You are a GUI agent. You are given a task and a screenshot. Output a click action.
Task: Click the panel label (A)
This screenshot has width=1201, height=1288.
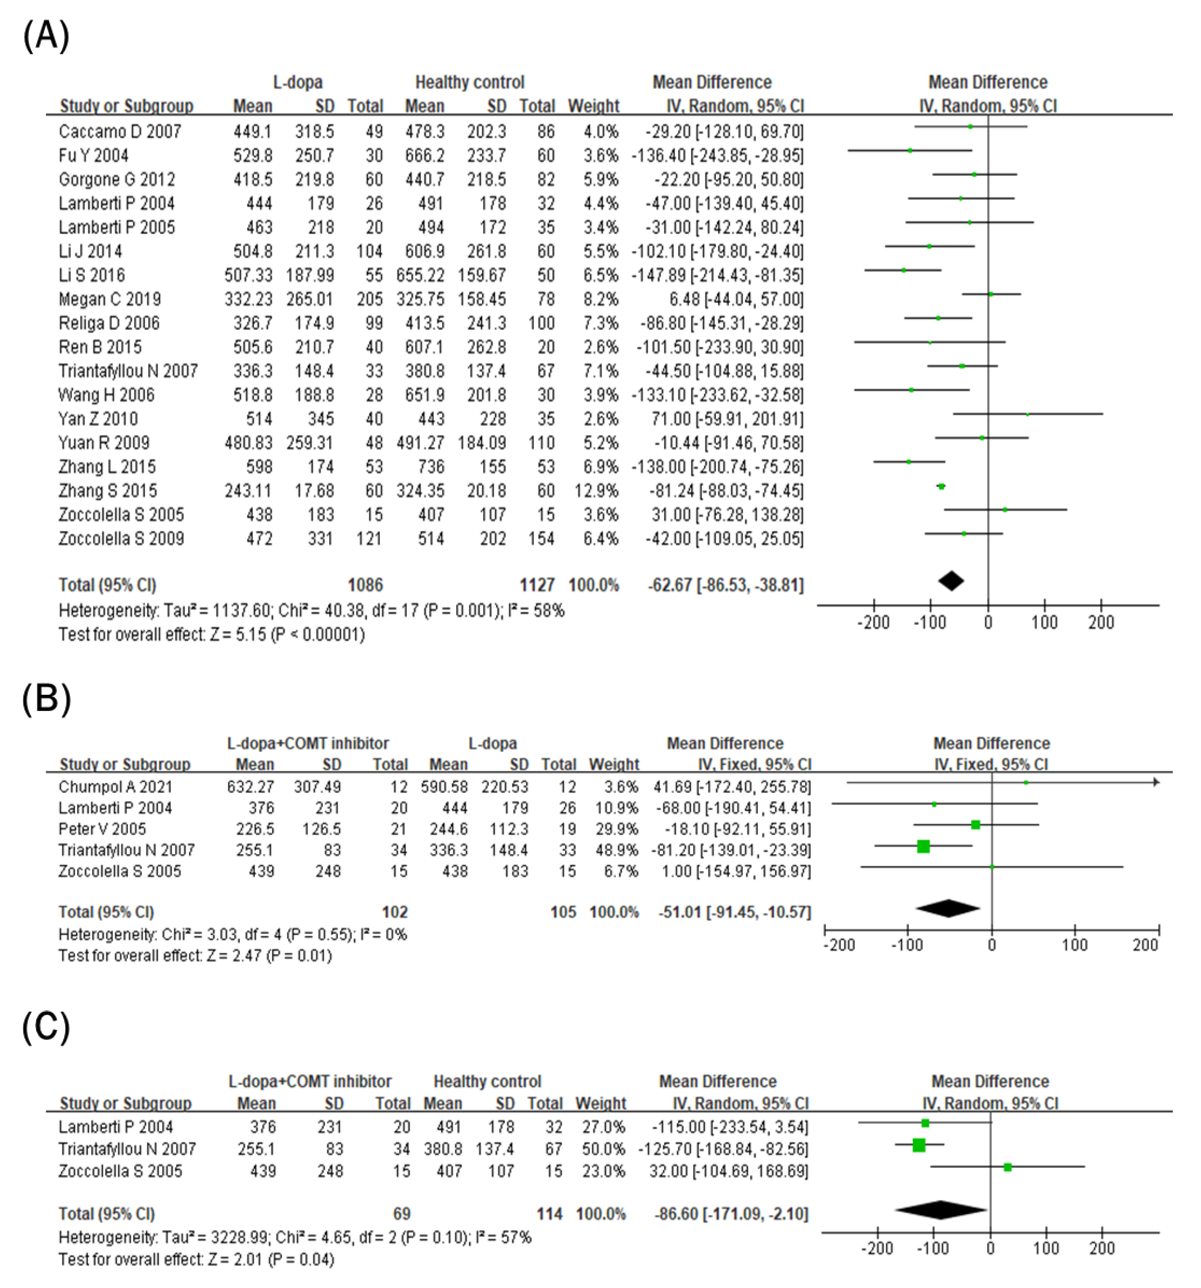(x=45, y=36)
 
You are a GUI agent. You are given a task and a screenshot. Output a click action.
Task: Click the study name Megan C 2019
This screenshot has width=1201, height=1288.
(x=110, y=299)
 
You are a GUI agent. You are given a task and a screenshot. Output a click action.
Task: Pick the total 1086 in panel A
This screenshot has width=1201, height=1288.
(x=365, y=585)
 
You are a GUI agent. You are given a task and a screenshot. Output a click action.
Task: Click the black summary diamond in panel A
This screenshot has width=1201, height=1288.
(x=951, y=581)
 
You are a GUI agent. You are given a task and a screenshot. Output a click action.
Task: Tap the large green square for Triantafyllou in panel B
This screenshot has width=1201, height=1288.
(x=924, y=846)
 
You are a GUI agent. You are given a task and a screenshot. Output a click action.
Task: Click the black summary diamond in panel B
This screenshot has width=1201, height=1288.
(x=948, y=908)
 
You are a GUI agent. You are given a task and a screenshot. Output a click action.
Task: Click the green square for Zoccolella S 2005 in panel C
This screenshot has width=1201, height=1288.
(x=1007, y=1167)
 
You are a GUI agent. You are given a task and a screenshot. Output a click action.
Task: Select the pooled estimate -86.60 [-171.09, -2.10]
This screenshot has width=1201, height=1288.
(x=731, y=1214)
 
